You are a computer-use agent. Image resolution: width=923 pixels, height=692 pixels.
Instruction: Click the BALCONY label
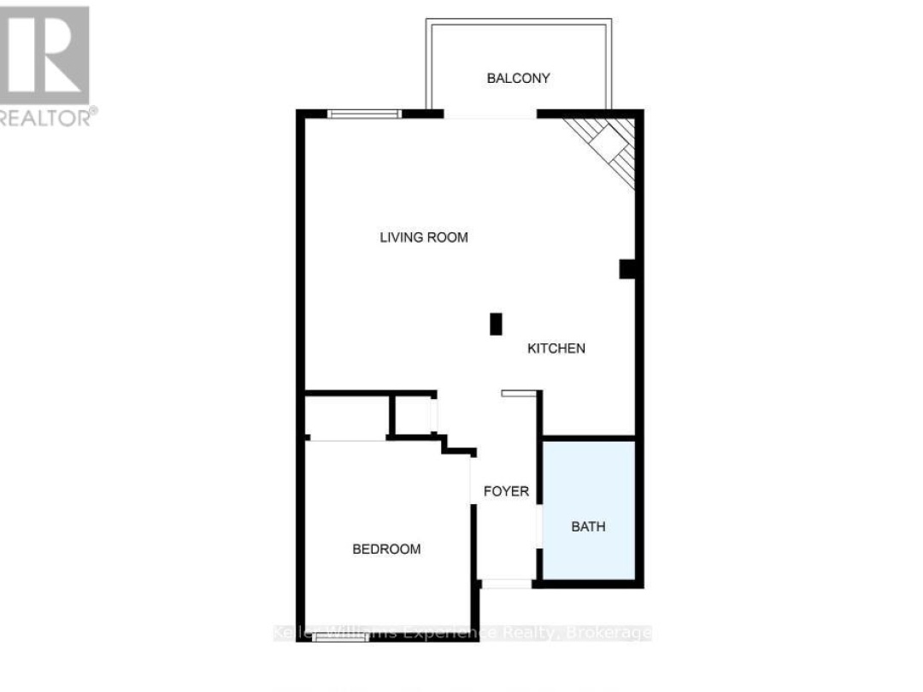(518, 79)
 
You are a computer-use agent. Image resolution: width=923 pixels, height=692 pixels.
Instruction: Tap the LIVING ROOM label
(424, 238)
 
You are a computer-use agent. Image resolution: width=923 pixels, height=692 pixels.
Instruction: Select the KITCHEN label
(556, 349)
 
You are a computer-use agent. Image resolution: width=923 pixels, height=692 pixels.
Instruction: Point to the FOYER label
(506, 492)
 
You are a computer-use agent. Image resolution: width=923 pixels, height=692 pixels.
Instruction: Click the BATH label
(588, 526)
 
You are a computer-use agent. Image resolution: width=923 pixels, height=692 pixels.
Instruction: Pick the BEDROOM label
(386, 549)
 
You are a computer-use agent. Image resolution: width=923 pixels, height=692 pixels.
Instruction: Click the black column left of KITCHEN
(495, 325)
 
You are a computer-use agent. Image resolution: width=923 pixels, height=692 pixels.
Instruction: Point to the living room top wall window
(365, 114)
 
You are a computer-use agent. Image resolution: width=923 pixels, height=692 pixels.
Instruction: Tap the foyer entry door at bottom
(506, 584)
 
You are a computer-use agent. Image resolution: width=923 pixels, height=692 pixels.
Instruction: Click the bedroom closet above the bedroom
(347, 417)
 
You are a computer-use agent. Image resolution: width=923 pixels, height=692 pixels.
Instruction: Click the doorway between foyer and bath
(538, 520)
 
